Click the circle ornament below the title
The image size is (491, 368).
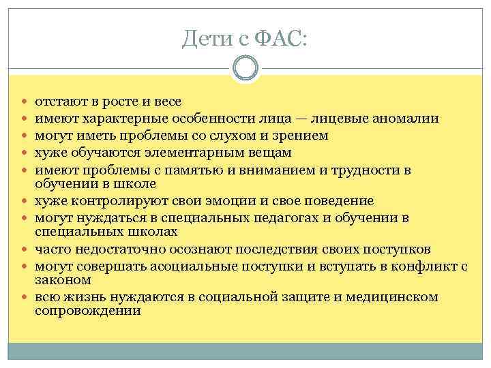point(245,69)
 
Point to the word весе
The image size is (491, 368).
point(167,102)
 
